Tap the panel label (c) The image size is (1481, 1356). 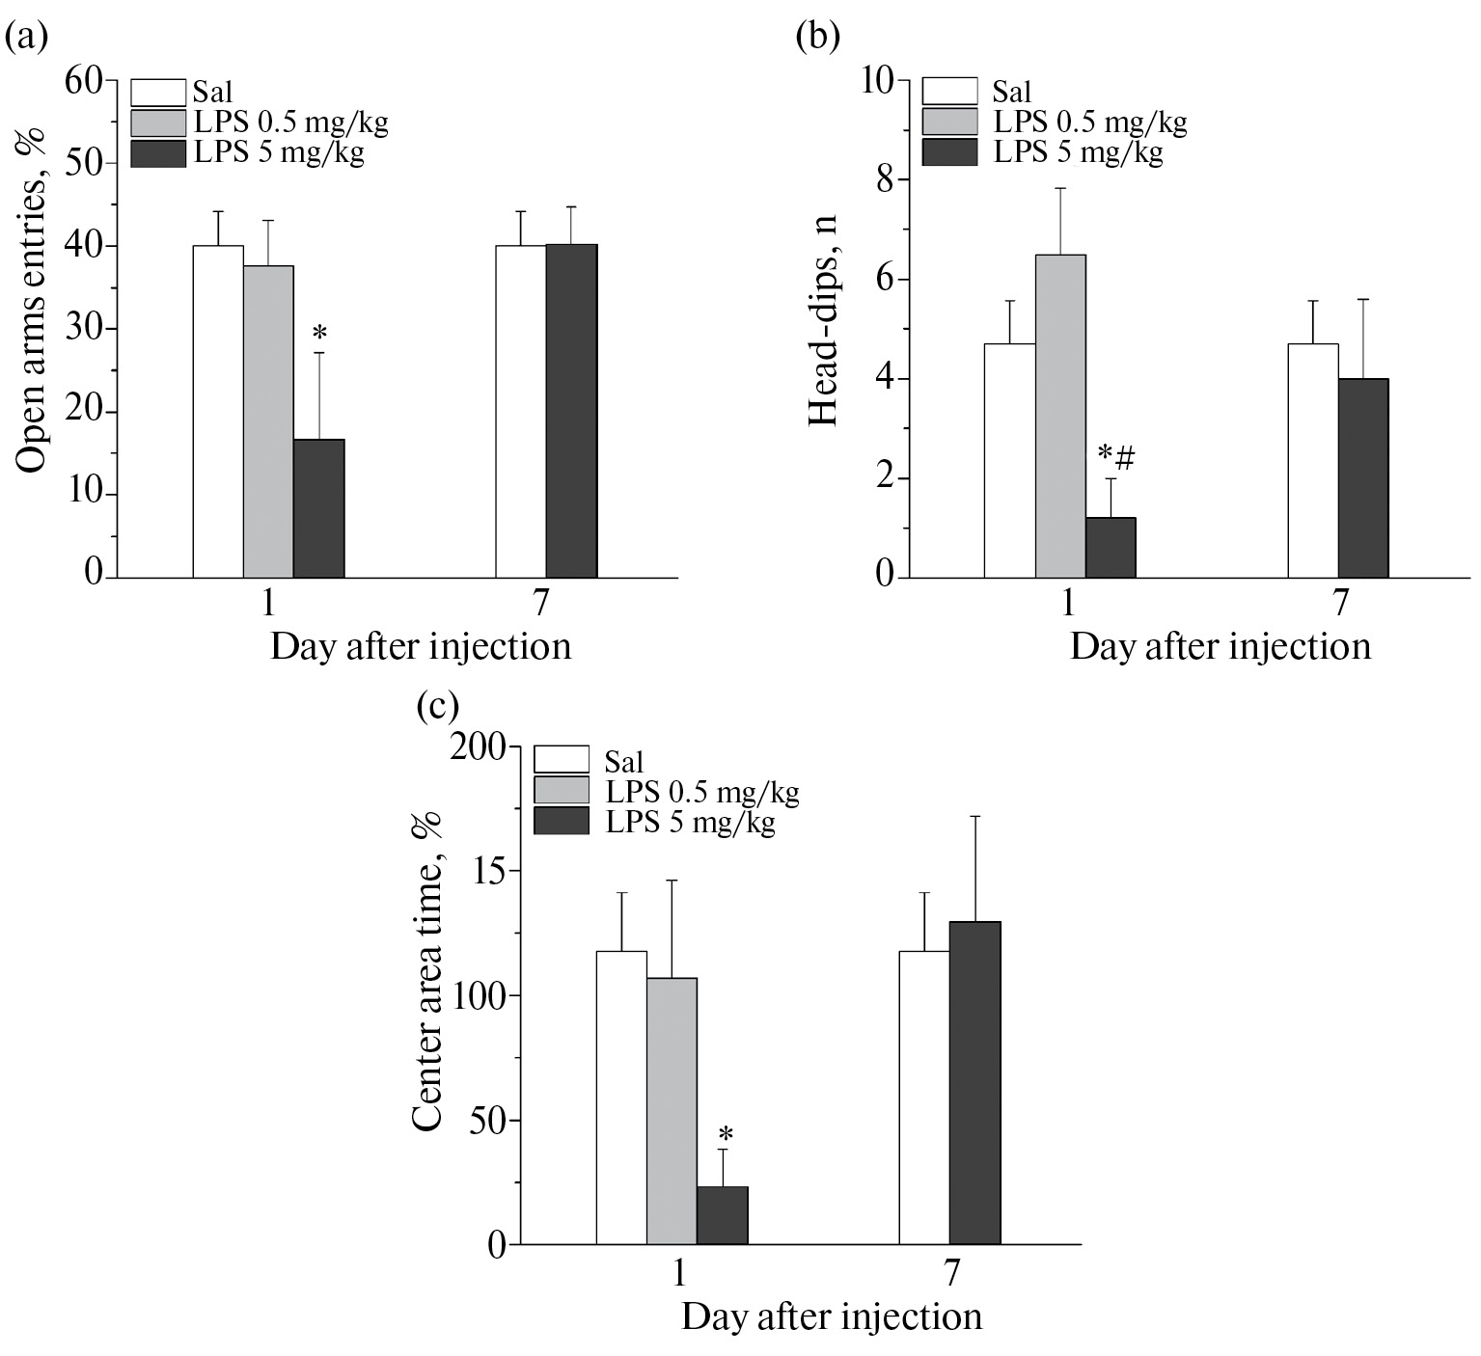437,706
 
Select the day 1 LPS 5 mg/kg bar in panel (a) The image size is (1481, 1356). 318,508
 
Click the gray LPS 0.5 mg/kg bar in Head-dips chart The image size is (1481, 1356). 1060,416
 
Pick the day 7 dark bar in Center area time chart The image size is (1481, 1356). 974,1082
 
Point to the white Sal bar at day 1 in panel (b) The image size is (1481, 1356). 1009,460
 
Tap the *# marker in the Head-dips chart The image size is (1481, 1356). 1116,455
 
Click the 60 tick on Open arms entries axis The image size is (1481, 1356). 85,81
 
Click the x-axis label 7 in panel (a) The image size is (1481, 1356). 540,603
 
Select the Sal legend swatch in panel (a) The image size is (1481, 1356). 158,93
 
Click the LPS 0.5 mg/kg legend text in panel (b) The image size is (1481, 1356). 1090,122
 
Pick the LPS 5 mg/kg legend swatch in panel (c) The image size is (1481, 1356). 561,821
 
